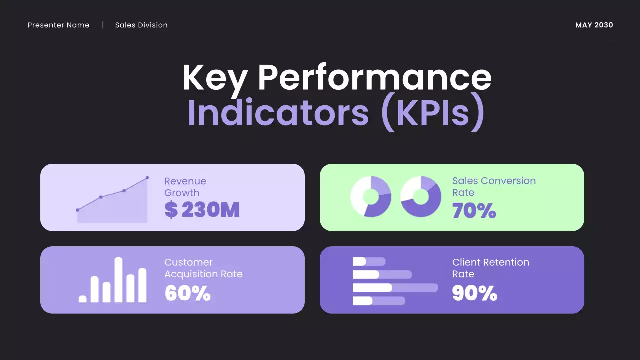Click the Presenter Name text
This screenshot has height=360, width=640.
coord(58,25)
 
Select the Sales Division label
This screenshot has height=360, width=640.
coord(141,25)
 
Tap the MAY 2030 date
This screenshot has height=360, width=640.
coord(594,25)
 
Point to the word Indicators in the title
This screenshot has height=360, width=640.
coord(278,113)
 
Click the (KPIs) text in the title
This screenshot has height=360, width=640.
coord(432,113)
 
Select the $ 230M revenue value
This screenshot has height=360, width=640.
coord(202,210)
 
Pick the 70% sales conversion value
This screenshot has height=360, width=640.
coord(474,211)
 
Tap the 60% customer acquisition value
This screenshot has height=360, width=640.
coord(187,293)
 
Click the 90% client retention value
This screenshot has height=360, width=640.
coord(474,293)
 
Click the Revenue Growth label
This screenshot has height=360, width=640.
coord(185,187)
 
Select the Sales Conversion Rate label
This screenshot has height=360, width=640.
coord(493,186)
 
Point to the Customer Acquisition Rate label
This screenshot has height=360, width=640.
coord(203,268)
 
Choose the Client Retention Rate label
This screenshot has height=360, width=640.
coord(490,268)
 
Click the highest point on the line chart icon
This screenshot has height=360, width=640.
coord(147,178)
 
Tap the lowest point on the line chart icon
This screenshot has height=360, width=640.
coord(77,210)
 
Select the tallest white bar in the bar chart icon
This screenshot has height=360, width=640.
coord(118,280)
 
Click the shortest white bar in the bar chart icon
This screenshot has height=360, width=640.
coord(83,299)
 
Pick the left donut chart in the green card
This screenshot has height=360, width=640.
coord(370,196)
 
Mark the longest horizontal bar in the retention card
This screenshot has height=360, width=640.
coord(395,288)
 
